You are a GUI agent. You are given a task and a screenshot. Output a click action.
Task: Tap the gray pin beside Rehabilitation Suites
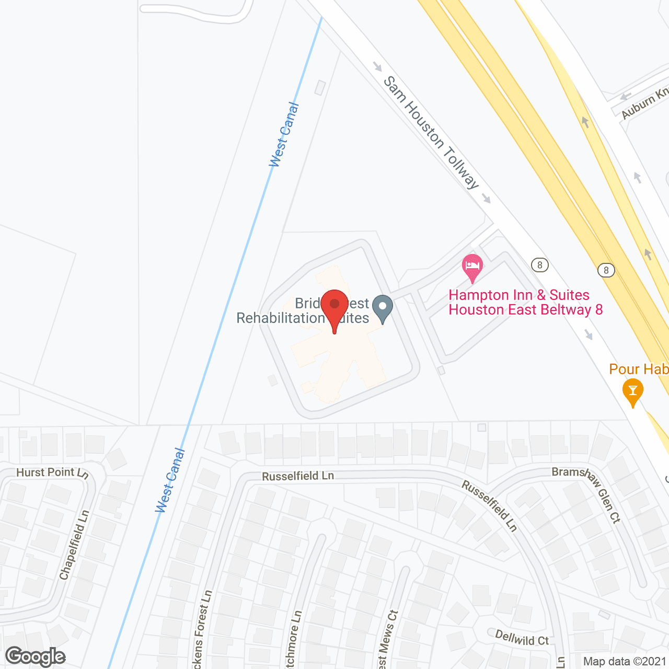coord(383,308)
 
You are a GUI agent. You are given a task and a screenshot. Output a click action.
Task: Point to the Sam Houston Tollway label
coord(431,132)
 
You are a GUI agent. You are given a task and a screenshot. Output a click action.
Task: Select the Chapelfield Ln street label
coord(74,545)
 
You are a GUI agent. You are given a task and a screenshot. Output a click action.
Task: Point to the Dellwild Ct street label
coord(522,638)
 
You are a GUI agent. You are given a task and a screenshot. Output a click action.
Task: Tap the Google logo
coord(36,656)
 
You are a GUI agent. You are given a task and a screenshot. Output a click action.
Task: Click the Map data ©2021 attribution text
coord(625,662)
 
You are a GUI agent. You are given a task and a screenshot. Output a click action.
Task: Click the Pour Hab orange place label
coord(639,370)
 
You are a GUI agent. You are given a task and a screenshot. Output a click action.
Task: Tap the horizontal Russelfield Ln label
coord(298,476)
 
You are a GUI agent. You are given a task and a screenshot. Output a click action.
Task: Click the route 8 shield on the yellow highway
coord(606,270)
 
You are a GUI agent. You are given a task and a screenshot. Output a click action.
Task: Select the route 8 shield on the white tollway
coord(540,265)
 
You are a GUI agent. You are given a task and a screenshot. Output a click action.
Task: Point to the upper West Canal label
coord(284,135)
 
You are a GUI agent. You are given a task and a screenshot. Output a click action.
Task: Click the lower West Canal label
coord(170,480)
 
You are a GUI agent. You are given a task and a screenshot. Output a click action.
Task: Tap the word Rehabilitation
coord(281,318)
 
